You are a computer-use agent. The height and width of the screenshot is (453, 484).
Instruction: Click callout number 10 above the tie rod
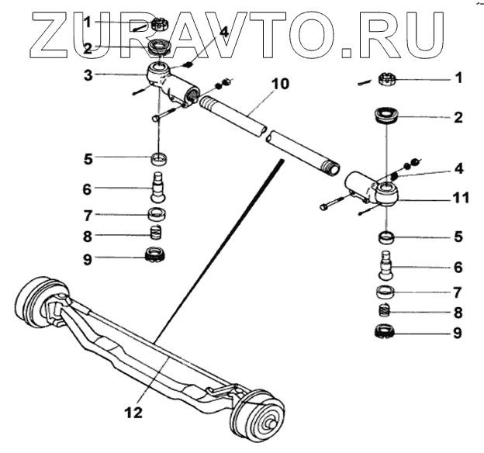(280, 82)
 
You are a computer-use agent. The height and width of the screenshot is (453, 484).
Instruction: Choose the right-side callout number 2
(458, 118)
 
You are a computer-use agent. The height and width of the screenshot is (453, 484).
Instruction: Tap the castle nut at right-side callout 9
(385, 334)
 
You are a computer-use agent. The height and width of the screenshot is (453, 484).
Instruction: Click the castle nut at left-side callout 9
(157, 254)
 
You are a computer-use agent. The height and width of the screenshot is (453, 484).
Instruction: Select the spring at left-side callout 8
(157, 232)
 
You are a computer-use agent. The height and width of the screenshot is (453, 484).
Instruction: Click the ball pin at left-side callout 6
(158, 188)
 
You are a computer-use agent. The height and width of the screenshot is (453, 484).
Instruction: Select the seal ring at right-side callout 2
(385, 118)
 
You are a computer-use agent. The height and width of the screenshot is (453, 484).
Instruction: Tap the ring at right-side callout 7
(385, 292)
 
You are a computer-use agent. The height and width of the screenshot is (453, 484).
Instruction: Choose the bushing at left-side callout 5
(159, 160)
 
